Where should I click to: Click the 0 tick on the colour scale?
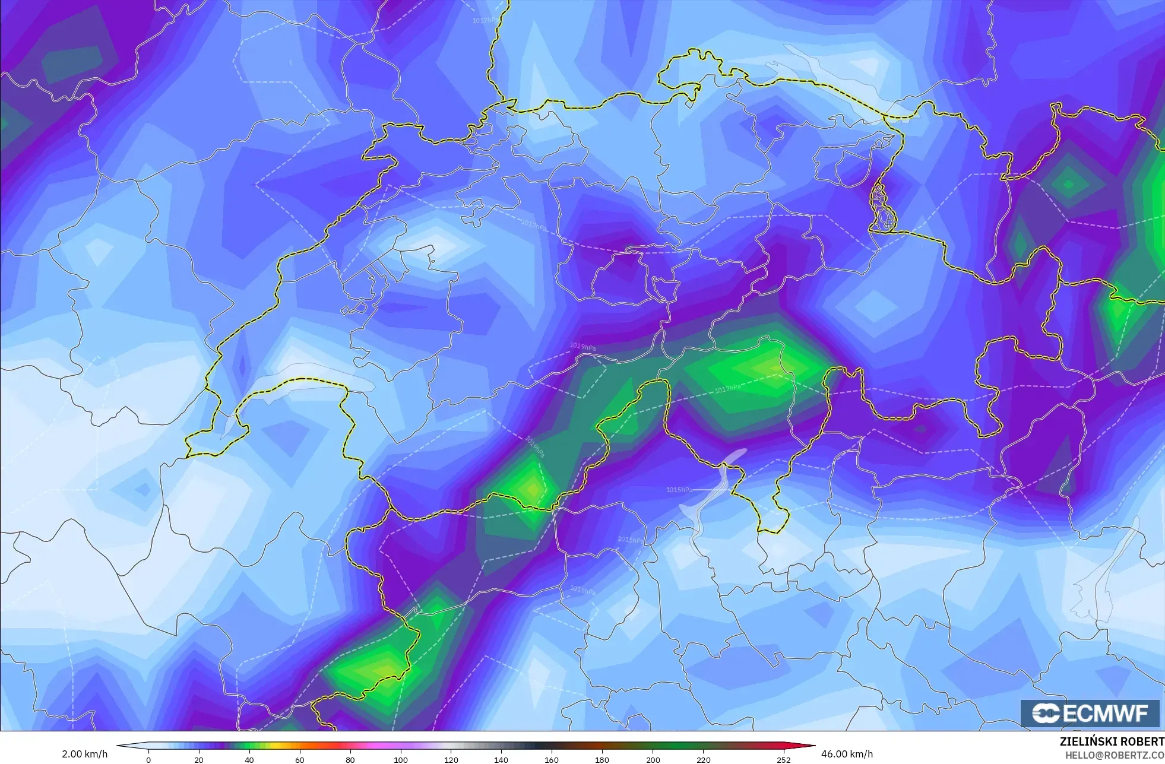(x=148, y=760)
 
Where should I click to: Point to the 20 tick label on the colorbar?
(x=199, y=760)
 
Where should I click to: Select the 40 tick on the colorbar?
(x=249, y=760)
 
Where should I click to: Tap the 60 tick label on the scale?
(x=300, y=760)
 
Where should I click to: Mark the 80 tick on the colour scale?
(x=350, y=760)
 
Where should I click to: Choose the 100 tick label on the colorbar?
(x=401, y=760)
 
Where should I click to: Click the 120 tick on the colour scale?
(x=451, y=760)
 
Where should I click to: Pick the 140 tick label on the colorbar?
(x=501, y=760)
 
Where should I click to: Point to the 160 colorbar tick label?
(x=552, y=760)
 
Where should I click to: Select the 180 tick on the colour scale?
(x=602, y=760)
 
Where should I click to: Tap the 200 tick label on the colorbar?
(x=653, y=760)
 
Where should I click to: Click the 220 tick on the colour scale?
(x=704, y=760)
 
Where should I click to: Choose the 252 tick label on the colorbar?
(x=784, y=760)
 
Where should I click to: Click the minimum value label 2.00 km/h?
(x=85, y=755)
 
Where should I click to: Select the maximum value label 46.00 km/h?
(x=847, y=755)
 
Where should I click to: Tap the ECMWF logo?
(x=1090, y=714)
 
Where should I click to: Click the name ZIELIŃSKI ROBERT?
(x=1112, y=742)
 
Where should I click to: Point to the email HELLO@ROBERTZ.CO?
(x=1115, y=755)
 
